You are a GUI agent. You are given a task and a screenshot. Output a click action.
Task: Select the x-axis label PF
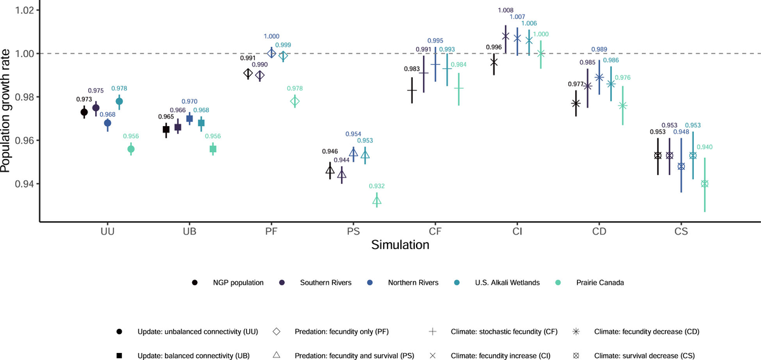coord(271,231)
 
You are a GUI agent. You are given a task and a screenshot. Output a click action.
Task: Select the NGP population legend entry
coord(235,283)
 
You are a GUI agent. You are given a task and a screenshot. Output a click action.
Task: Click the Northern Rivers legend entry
coord(413,283)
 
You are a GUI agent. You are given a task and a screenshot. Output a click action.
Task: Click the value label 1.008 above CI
coord(506,11)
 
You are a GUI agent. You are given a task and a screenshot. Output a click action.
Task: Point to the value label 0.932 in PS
coord(377,186)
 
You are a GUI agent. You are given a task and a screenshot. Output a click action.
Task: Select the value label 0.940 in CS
coord(705,147)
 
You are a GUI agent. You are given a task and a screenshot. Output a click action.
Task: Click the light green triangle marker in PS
coord(377,201)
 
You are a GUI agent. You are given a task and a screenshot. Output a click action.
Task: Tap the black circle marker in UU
coord(84,112)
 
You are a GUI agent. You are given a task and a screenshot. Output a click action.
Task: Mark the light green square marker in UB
coord(213,149)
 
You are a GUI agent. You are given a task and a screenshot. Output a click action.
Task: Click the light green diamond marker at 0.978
coord(295,101)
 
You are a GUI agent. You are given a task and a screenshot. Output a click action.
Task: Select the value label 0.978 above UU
coord(119,89)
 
